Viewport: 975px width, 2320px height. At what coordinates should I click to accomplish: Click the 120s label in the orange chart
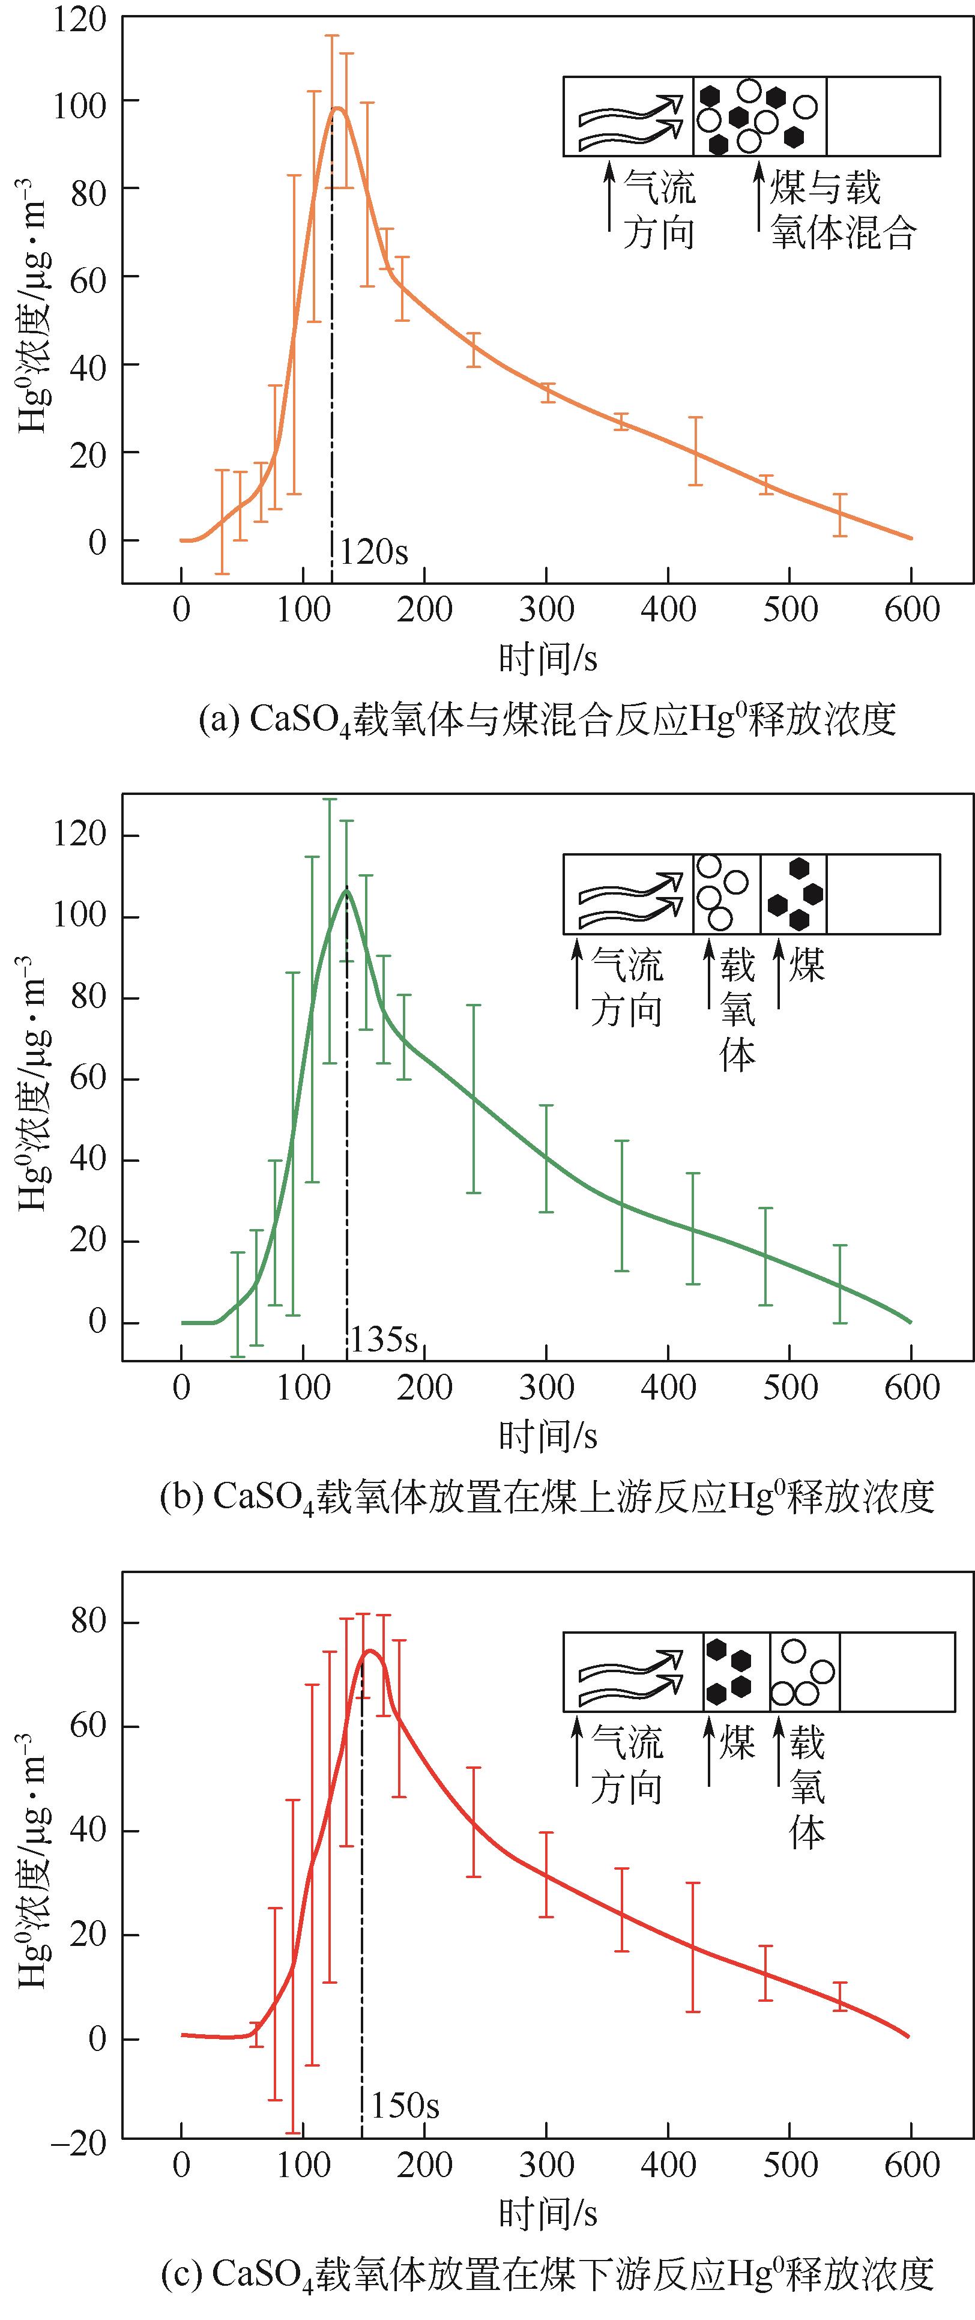click(x=373, y=551)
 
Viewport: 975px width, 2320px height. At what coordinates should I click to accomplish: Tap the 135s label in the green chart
click(x=384, y=1339)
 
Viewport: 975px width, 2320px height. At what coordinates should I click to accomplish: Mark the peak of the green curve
click(x=346, y=890)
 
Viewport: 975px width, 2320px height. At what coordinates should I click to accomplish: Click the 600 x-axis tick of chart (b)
click(x=911, y=1387)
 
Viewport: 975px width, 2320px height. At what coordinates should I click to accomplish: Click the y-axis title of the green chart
click(x=34, y=1081)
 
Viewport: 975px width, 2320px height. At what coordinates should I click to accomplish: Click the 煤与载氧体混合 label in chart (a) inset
click(x=842, y=211)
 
